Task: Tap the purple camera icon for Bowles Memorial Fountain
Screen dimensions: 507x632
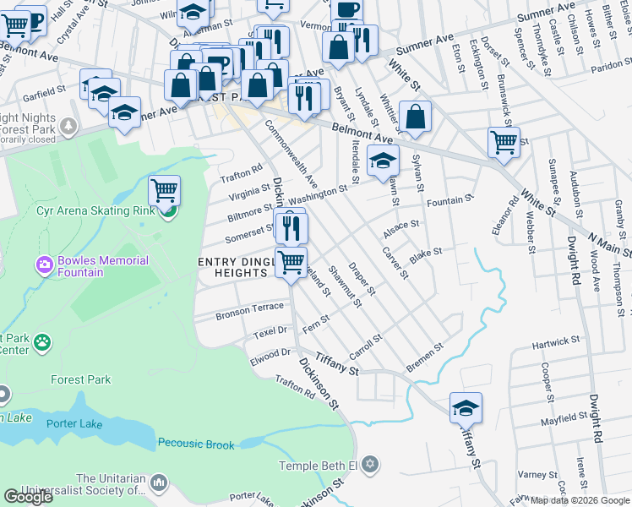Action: tap(44, 265)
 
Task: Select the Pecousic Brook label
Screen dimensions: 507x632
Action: tap(196, 442)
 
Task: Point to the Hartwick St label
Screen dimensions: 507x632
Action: tap(556, 342)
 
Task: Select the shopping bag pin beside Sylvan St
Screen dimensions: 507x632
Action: tap(415, 118)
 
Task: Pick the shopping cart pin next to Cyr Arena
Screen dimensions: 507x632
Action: tap(164, 190)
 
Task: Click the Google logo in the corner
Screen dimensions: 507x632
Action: tap(28, 497)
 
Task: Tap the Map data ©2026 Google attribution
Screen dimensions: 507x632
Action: tap(580, 500)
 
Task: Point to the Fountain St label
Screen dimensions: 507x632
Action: tap(448, 201)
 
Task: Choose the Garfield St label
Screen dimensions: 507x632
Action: tap(45, 90)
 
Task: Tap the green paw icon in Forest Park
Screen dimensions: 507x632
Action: tap(41, 342)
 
